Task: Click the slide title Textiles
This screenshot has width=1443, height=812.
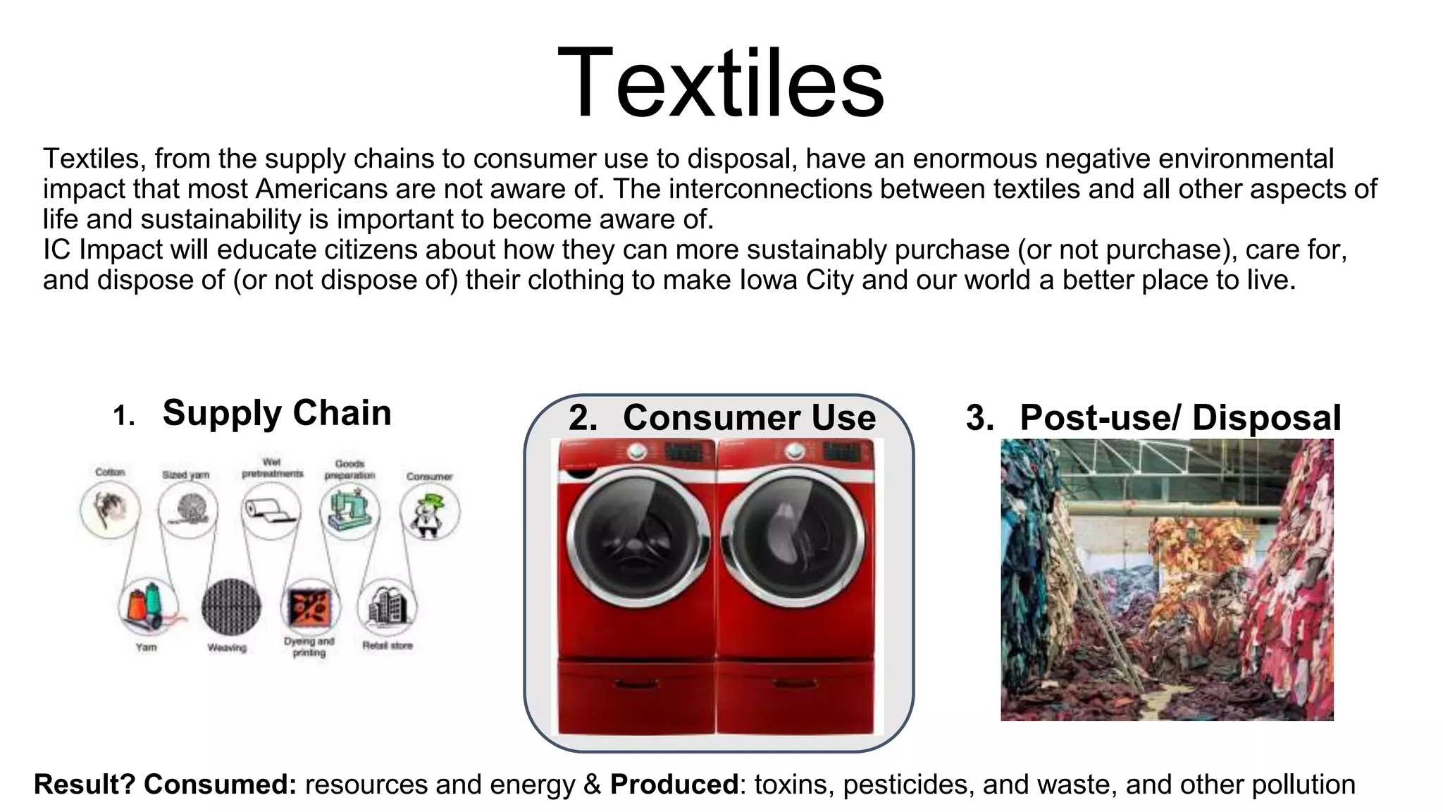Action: (720, 82)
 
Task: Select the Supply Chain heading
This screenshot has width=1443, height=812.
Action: (276, 413)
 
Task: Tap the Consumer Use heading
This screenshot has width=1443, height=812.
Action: (749, 417)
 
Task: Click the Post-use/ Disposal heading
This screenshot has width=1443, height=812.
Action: (1180, 417)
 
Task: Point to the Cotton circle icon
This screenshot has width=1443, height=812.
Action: (110, 509)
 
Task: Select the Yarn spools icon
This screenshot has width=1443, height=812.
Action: (147, 607)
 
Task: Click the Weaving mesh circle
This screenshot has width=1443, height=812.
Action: (230, 607)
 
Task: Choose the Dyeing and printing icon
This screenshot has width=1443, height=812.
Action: (309, 607)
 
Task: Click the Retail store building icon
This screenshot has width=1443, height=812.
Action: (388, 607)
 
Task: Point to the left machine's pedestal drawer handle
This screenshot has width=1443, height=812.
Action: (636, 683)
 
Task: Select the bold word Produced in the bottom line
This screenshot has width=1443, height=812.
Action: (674, 785)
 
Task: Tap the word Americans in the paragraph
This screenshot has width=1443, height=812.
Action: (321, 189)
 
